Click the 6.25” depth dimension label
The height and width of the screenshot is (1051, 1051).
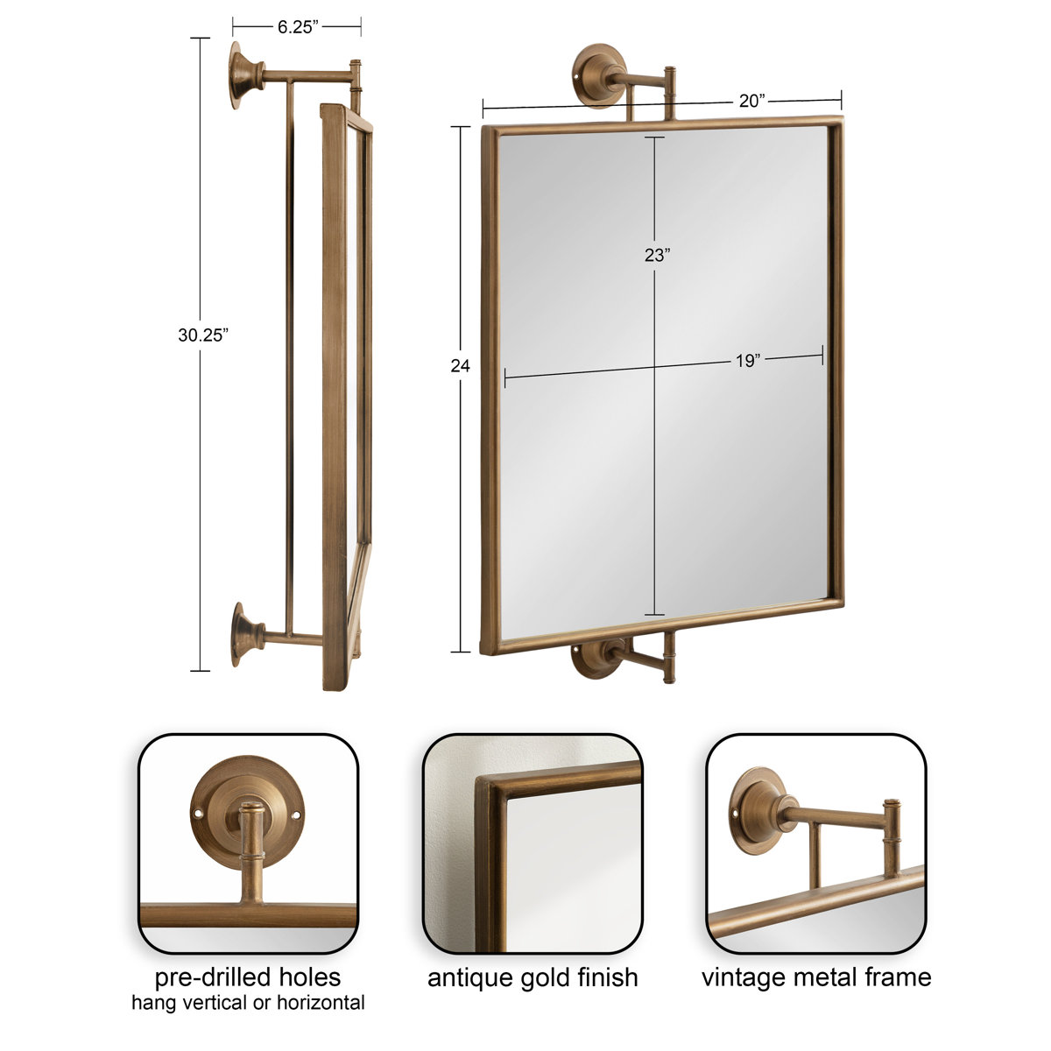[x=297, y=26]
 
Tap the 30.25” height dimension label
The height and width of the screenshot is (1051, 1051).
[x=202, y=335]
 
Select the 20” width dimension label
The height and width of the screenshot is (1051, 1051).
[x=751, y=101]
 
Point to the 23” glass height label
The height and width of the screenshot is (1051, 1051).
[x=655, y=256]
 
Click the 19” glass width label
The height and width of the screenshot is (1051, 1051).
[x=746, y=361]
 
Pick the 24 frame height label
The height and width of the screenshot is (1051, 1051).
[x=460, y=366]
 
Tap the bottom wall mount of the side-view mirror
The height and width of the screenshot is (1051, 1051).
[x=244, y=633]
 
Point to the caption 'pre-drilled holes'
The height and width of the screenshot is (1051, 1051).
[x=248, y=977]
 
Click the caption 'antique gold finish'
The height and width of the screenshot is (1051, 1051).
[x=533, y=977]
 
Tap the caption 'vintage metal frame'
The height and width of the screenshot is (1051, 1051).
[x=816, y=977]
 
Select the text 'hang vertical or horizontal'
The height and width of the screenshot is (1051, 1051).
[x=248, y=1003]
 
